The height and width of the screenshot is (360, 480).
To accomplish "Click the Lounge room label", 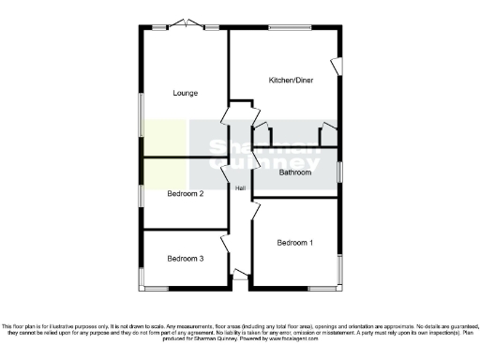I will coord(184,93).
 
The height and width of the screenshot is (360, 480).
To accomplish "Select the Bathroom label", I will coord(294,172).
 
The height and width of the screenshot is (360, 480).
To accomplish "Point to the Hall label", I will coord(241,189).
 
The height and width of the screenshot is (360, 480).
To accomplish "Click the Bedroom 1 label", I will coord(295,243).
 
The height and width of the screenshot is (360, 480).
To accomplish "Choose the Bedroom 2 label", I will coord(186,194).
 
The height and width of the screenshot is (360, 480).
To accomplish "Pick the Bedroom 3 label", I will coord(186,258).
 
